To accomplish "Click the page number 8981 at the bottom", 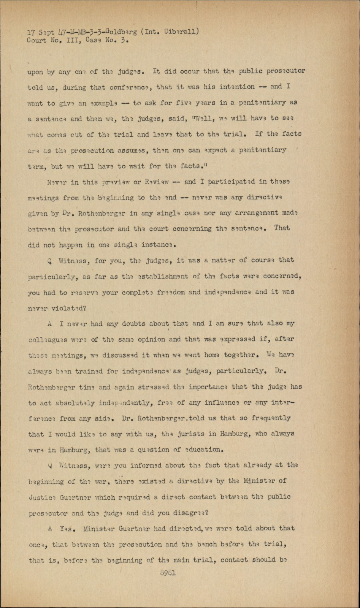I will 168,573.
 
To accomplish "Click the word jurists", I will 192,434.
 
